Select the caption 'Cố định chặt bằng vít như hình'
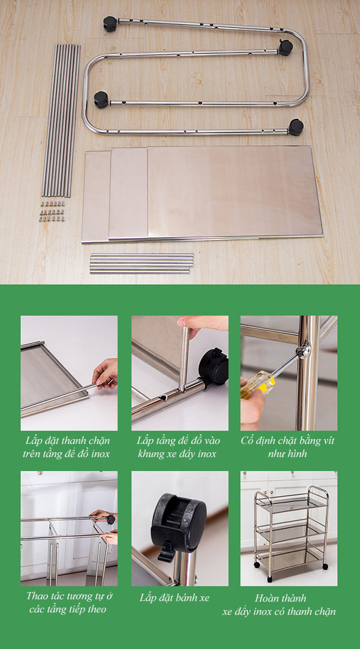pos(288,447)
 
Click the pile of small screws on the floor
pos(53,211)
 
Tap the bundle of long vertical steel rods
pos(61,120)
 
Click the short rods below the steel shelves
pos(142,263)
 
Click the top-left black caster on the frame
pos(109,23)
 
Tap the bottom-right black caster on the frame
pos(295,127)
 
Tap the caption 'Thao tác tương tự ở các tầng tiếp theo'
pos(69,603)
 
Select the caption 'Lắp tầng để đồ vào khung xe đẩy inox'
pos(178,447)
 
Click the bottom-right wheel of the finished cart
pos(325,566)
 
